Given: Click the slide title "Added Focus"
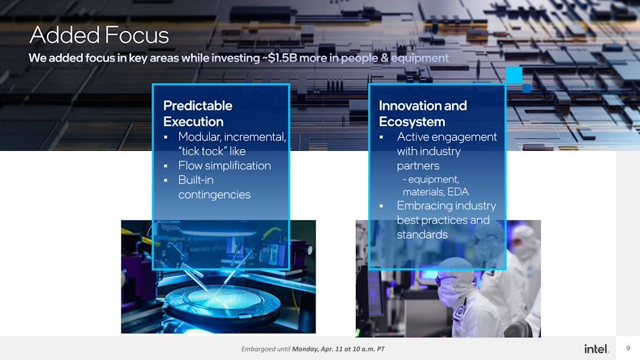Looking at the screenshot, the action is [99, 35].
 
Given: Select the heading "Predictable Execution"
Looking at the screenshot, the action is [198, 113].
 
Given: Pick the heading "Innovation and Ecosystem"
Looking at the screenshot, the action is [423, 113].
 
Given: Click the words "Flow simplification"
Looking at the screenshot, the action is [225, 166].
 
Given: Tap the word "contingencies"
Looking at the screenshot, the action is [214, 194].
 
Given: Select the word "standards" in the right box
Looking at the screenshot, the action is [422, 234].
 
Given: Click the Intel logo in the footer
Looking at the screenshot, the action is [596, 349].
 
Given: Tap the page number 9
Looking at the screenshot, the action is [628, 348].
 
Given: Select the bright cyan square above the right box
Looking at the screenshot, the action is [514, 75].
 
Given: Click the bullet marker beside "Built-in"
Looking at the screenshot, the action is [166, 180].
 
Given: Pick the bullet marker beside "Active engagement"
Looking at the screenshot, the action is [381, 137].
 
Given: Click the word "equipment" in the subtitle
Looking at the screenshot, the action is [420, 58].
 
